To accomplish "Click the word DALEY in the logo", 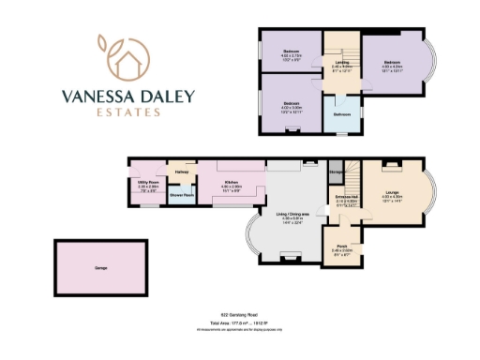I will point(168,95).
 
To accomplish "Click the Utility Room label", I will point(146,182).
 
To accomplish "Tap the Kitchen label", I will point(231,182).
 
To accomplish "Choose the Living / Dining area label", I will point(287,214).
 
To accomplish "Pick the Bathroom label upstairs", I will point(342,114).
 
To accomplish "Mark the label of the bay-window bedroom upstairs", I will point(391,63).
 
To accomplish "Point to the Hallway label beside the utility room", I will point(181,172).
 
